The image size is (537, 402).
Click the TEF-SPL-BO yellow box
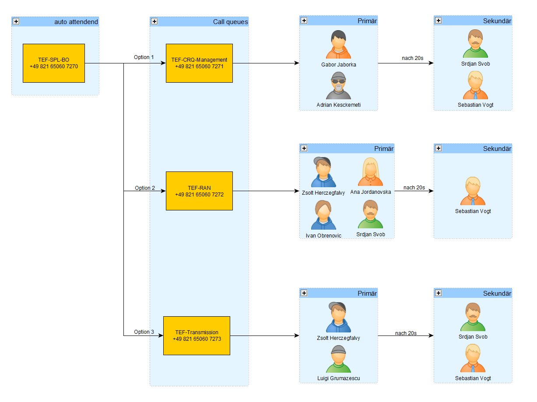[x=53, y=63]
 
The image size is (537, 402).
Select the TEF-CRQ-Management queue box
[x=199, y=63]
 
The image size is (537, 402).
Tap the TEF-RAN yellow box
[x=199, y=191]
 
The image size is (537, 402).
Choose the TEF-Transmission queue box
[x=197, y=336]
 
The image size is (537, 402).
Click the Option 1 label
[x=144, y=57]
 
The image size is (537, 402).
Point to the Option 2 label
[x=144, y=188]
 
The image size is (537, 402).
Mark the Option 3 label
[x=144, y=332]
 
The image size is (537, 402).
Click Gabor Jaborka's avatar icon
[x=338, y=44]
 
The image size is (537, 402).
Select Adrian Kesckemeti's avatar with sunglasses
[x=338, y=85]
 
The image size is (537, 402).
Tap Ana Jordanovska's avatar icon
[x=370, y=171]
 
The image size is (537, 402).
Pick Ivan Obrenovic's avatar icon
[x=323, y=215]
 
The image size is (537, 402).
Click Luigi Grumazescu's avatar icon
[x=338, y=359]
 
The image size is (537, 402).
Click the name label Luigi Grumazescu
[x=338, y=378]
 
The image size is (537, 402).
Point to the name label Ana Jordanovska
[x=370, y=192]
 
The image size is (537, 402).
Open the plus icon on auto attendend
[x=16, y=21]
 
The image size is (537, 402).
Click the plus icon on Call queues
[x=154, y=21]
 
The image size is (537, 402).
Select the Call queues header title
[x=230, y=22]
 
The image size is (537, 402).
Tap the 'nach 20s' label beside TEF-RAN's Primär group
[x=414, y=187]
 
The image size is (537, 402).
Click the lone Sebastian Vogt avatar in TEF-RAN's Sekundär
[x=473, y=191]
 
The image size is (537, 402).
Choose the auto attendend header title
[x=76, y=22]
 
